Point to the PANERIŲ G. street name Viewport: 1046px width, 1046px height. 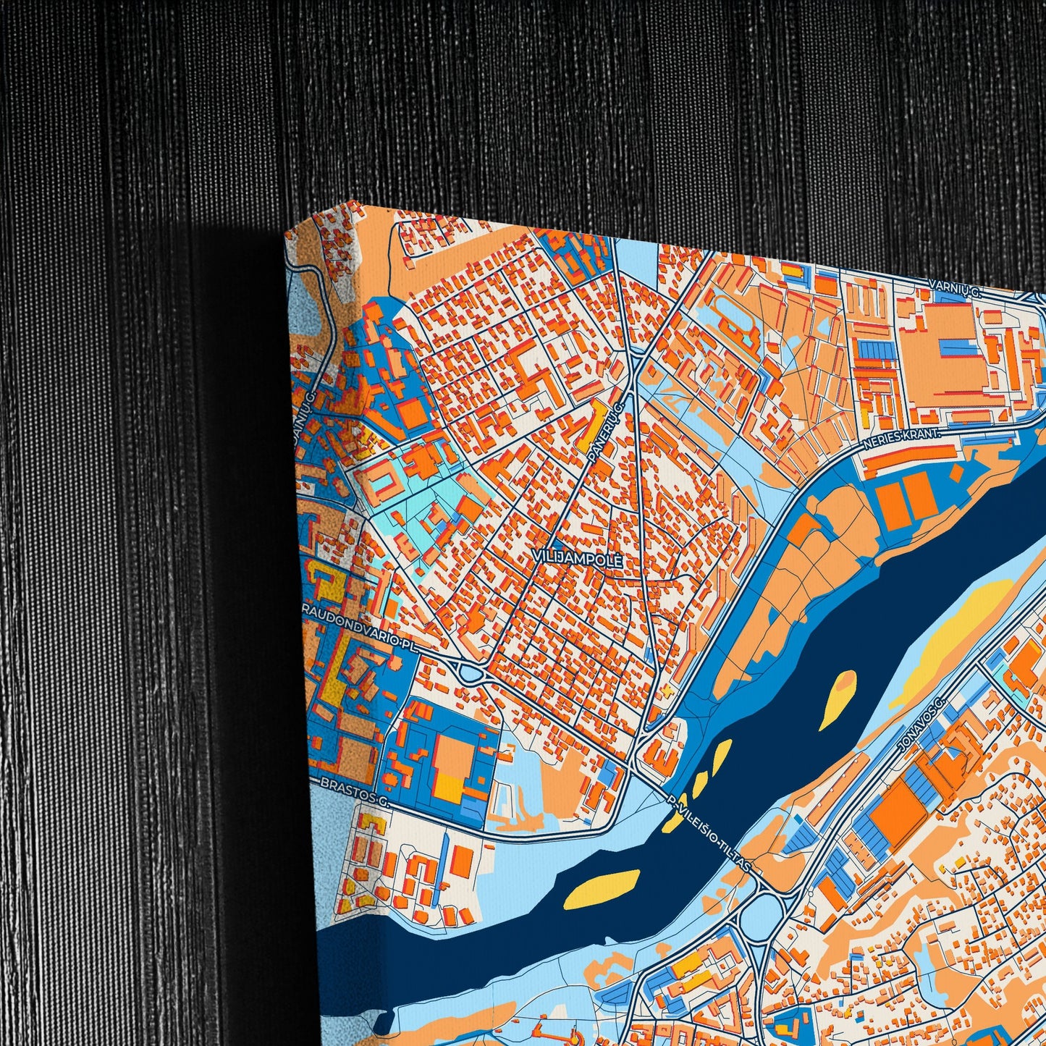606,434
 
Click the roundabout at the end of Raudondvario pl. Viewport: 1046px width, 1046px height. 471,674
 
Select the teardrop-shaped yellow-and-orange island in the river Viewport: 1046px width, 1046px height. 838,699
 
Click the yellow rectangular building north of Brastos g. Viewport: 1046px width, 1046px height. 450,786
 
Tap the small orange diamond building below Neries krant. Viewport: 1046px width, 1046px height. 957,474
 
